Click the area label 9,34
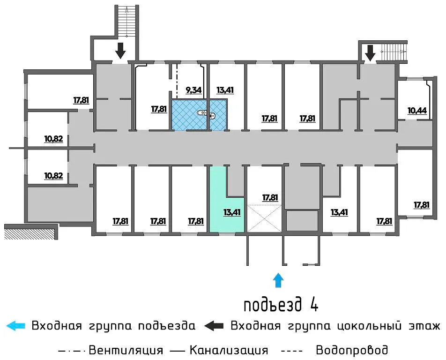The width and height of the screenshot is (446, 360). tap(193, 90)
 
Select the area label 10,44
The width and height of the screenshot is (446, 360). tap(417, 111)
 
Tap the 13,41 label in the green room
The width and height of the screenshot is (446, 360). tap(232, 212)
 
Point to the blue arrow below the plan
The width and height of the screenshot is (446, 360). tap(278, 280)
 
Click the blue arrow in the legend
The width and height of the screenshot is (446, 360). tap(15, 326)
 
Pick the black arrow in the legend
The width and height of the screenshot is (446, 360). tap(214, 326)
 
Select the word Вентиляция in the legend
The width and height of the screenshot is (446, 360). tap(126, 350)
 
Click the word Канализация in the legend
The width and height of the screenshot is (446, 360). tap(229, 350)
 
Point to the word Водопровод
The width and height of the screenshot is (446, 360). tap(352, 350)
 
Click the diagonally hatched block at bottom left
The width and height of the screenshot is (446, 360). tap(30, 233)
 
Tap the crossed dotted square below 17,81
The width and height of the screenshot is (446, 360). tap(265, 218)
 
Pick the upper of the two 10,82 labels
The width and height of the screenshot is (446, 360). tap(53, 139)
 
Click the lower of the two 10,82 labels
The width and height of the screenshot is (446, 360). tap(53, 176)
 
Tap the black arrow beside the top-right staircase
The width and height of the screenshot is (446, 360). tap(370, 53)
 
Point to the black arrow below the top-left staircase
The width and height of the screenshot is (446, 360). tap(120, 51)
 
